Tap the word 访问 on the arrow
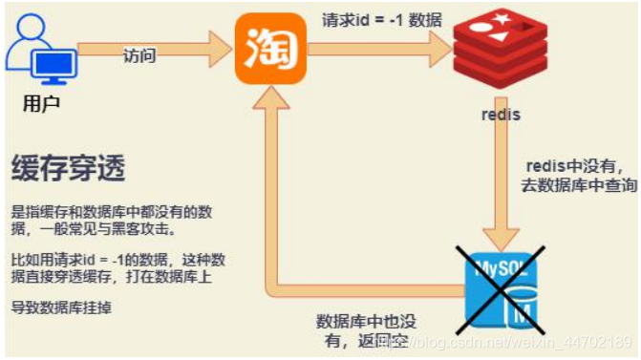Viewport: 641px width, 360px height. click(x=139, y=55)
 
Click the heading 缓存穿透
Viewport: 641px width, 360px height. click(x=68, y=169)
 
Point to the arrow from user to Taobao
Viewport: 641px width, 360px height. click(x=153, y=44)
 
